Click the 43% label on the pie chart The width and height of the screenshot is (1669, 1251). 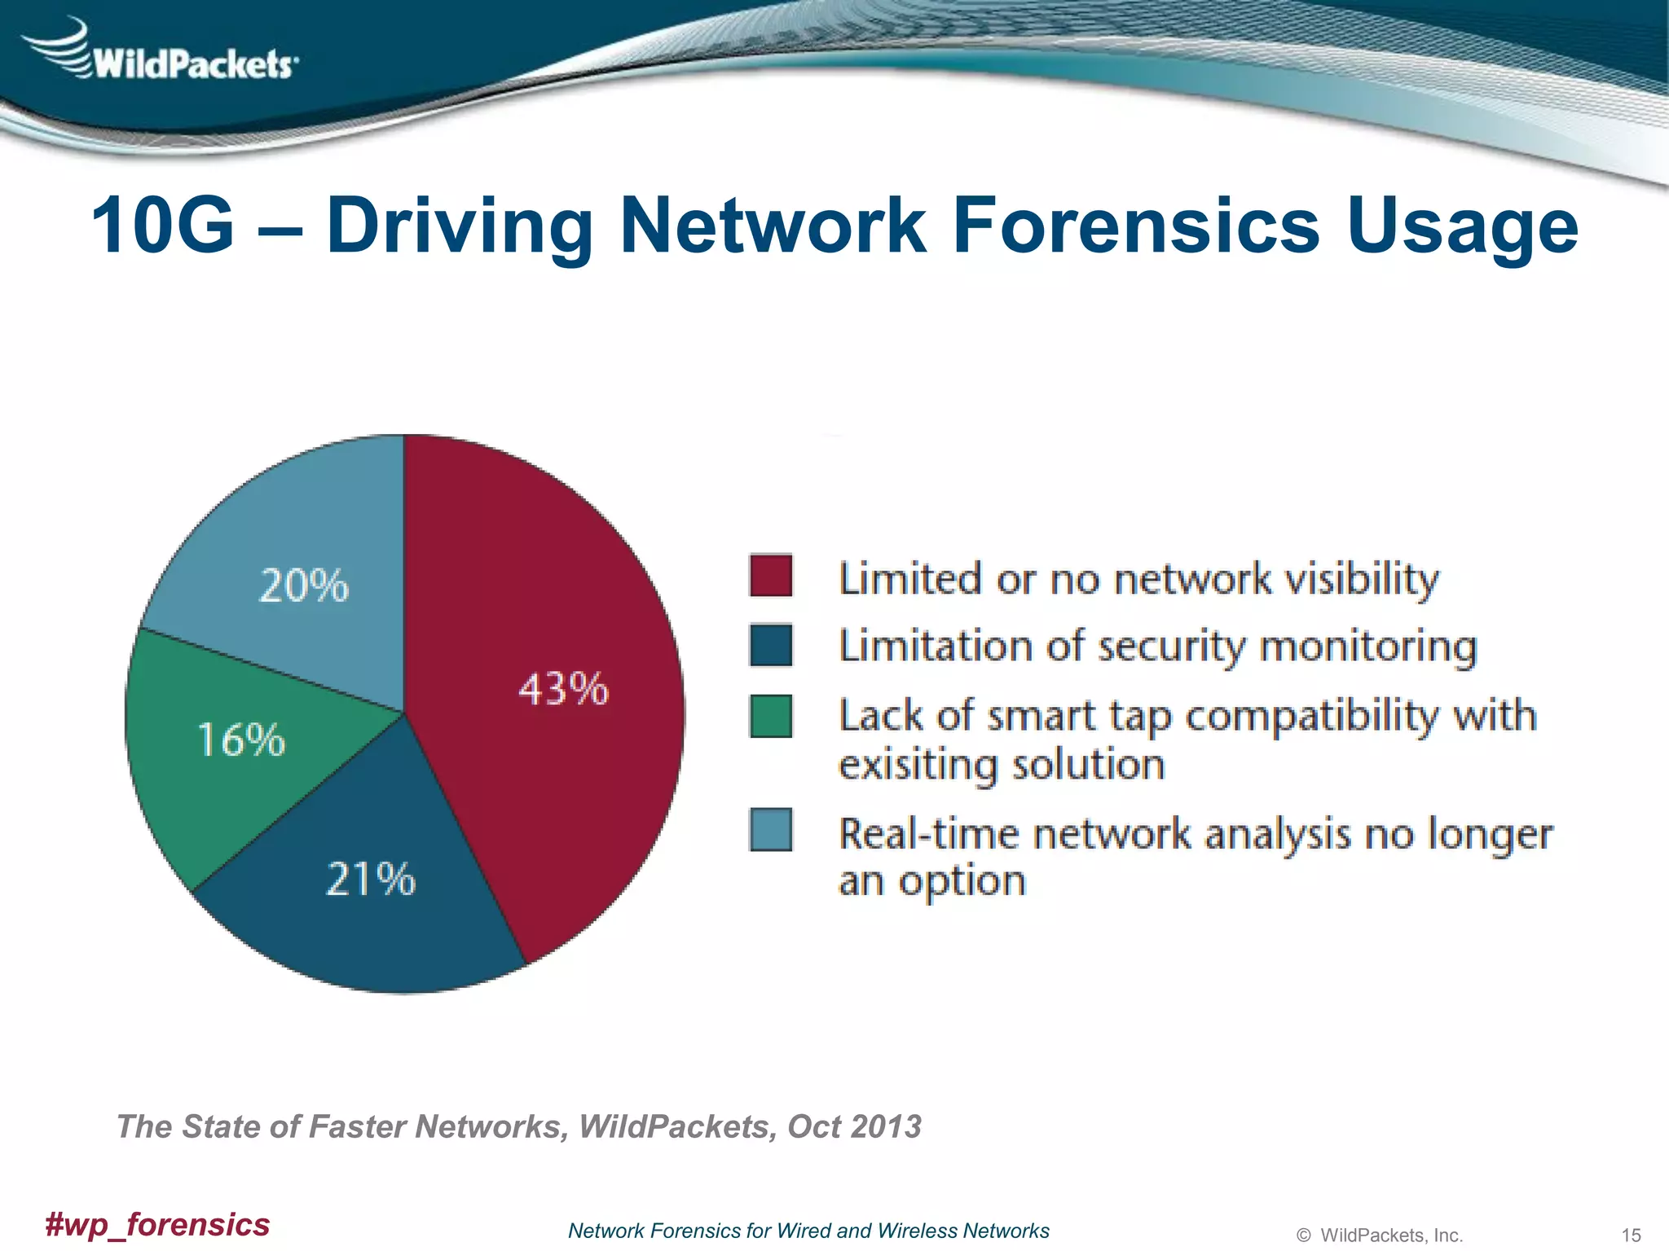pyautogui.click(x=563, y=689)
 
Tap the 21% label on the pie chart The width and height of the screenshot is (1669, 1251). pyautogui.click(x=371, y=880)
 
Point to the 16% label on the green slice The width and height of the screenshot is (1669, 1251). pyautogui.click(x=241, y=740)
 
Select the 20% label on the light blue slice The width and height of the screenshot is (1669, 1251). pyautogui.click(x=304, y=586)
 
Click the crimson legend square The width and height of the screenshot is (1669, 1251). pyautogui.click(x=770, y=576)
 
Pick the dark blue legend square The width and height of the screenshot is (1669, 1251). pyautogui.click(x=770, y=645)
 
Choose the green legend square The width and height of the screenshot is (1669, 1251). pyautogui.click(x=770, y=716)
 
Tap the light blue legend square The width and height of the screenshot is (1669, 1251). pyautogui.click(x=770, y=829)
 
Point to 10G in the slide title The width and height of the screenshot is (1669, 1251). pyautogui.click(x=163, y=226)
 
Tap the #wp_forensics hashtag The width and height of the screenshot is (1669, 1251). pyautogui.click(x=157, y=1224)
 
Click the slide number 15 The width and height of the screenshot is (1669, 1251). pyautogui.click(x=1631, y=1236)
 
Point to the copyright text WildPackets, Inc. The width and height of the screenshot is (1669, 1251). pyautogui.click(x=1390, y=1236)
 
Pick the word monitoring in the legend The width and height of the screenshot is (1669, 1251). pyautogui.click(x=1368, y=647)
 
